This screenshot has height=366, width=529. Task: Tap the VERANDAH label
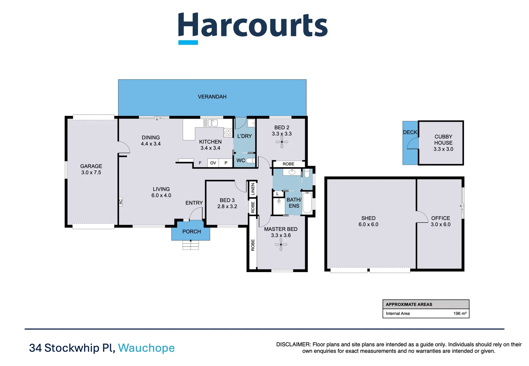[x=212, y=97]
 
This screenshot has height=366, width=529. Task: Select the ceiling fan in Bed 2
[x=282, y=142]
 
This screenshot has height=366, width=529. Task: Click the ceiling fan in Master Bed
[x=281, y=244]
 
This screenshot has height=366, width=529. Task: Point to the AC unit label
[x=121, y=202]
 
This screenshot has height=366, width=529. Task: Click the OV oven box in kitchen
[x=213, y=163]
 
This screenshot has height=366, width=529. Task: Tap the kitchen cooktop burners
[x=228, y=133]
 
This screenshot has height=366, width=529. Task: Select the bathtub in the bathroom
[x=307, y=203]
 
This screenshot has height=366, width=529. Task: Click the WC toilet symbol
[x=251, y=161]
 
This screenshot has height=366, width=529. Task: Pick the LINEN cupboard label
[x=253, y=189]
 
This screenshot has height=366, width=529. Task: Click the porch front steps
[x=191, y=245]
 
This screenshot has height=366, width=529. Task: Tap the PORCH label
[x=192, y=232]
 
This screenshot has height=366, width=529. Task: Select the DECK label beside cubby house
[x=410, y=133]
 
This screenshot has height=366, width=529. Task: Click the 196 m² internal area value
[x=460, y=313]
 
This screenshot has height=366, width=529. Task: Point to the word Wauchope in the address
[x=146, y=348]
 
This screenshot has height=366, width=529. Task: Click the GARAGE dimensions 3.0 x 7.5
[x=91, y=172]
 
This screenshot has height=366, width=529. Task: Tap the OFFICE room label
[x=441, y=218]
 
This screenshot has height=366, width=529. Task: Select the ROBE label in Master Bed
[x=253, y=245]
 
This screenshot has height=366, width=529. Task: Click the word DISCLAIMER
[x=293, y=345]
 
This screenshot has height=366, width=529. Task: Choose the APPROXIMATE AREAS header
[x=409, y=304]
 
